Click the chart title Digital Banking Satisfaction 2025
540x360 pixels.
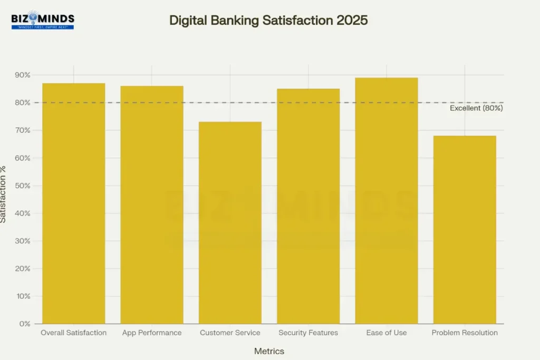point(268,20)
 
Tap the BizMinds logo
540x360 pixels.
point(43,21)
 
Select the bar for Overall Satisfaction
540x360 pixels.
point(74,203)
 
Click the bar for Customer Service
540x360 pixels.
point(230,222)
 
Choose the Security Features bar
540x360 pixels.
point(308,206)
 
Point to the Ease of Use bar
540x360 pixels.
point(387,201)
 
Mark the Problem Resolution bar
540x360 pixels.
point(465,230)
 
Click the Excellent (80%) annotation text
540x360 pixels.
point(476,108)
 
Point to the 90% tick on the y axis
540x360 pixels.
point(22,75)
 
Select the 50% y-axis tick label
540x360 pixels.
point(22,186)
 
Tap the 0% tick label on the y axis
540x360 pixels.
point(24,324)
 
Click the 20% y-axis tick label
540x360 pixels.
point(22,268)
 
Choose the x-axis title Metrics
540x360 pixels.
point(269,351)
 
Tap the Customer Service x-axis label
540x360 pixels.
point(230,333)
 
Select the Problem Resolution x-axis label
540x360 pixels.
point(465,333)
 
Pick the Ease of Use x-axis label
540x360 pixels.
point(387,333)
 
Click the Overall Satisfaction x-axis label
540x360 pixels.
point(74,333)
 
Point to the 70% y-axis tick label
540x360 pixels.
point(22,130)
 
